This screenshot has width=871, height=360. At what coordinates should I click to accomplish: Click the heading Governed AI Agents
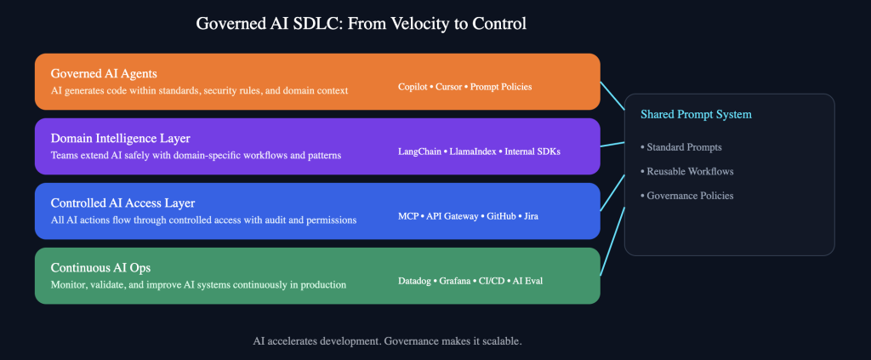(x=104, y=73)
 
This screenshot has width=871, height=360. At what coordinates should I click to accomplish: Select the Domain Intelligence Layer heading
(x=120, y=138)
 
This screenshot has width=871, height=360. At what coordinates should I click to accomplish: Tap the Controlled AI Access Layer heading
(x=123, y=203)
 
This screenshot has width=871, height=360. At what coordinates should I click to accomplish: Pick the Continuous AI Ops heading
(x=100, y=267)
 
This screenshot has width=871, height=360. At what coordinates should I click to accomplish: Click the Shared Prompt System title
(x=696, y=114)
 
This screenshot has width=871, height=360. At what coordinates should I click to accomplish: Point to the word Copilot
(x=413, y=87)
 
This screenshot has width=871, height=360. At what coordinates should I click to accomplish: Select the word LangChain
(x=419, y=151)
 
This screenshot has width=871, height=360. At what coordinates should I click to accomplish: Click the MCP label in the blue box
(x=408, y=216)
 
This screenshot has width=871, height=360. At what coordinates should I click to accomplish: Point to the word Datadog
(x=416, y=281)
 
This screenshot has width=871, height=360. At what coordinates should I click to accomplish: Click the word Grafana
(x=464, y=281)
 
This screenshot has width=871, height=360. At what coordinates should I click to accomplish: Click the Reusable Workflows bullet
(x=690, y=171)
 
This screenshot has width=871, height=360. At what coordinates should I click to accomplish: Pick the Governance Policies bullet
(x=690, y=196)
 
